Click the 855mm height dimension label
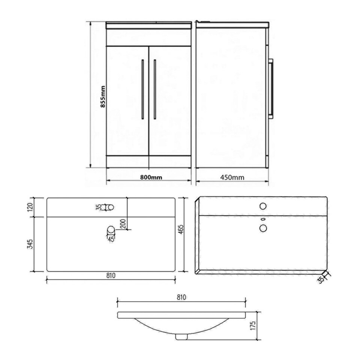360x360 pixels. click(102, 97)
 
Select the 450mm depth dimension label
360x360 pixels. click(231, 177)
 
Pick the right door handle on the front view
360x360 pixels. click(154, 89)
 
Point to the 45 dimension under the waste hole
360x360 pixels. click(111, 238)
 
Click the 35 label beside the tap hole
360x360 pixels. click(98, 207)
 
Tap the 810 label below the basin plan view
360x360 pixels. click(110, 276)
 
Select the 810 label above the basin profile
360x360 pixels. click(181, 297)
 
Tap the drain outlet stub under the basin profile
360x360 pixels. click(182, 336)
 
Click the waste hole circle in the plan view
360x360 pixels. click(111, 229)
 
